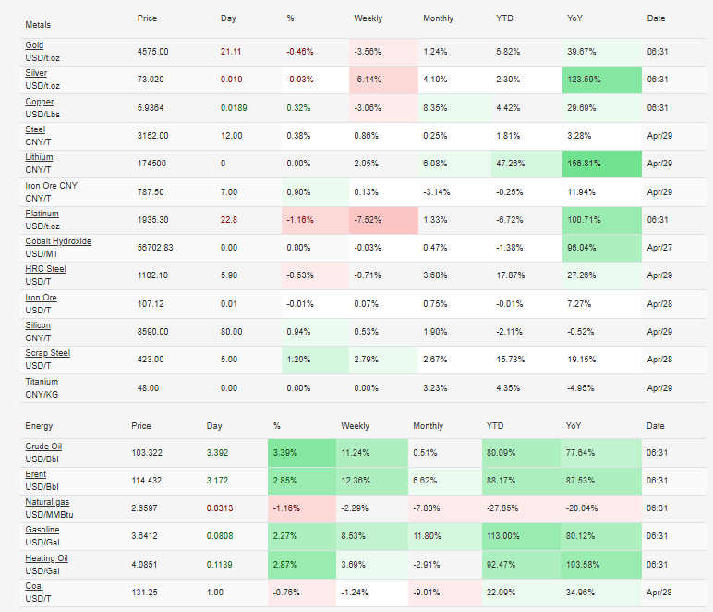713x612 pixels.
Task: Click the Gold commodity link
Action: (x=34, y=45)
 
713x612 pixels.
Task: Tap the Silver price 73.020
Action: (x=151, y=80)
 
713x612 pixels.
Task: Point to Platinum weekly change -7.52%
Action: (x=369, y=219)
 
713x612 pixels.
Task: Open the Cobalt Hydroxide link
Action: (x=58, y=241)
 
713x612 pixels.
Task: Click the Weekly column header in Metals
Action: (x=368, y=18)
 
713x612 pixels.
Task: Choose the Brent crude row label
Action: (x=35, y=474)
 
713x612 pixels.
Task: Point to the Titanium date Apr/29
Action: (x=658, y=387)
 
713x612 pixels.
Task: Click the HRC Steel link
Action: (x=46, y=269)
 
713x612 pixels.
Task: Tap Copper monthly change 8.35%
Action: (x=437, y=107)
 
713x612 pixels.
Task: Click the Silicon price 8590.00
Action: (x=153, y=331)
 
